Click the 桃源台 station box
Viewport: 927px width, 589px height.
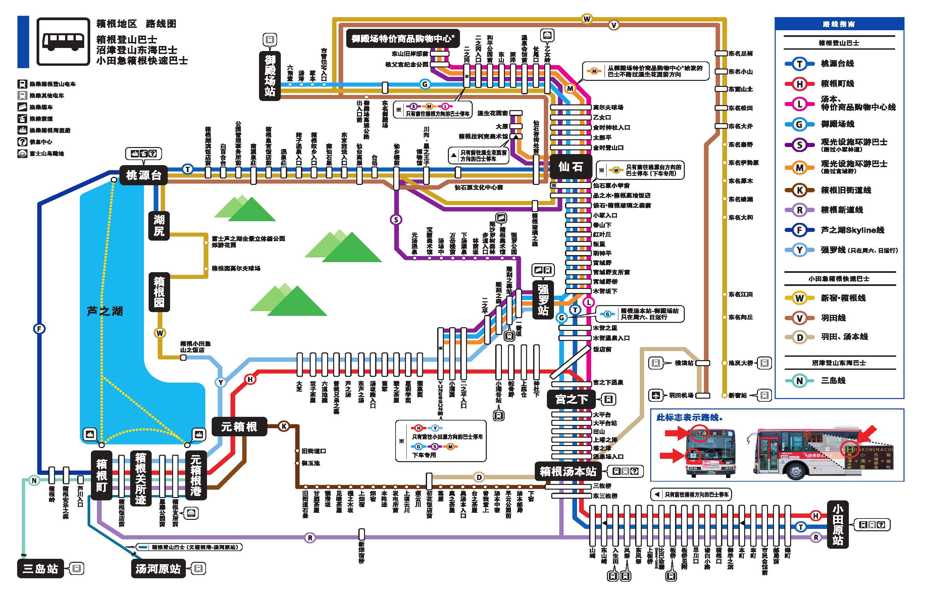(143, 175)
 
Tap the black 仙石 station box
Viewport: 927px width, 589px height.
(570, 167)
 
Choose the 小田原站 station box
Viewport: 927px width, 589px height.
(838, 524)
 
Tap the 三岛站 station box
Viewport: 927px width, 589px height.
(40, 569)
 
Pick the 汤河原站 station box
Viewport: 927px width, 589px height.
(158, 569)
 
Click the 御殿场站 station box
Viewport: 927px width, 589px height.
(269, 76)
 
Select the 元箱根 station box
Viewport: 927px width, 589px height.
(239, 427)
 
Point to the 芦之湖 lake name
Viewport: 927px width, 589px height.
(105, 311)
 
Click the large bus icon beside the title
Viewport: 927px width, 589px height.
(63, 41)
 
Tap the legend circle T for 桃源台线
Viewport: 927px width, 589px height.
(800, 63)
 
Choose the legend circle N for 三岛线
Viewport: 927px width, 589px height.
(800, 381)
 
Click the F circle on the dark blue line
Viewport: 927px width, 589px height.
(39, 329)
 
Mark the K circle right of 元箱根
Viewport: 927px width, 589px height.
(284, 426)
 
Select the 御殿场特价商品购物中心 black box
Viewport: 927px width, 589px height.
(403, 39)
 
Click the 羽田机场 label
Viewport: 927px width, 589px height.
(681, 395)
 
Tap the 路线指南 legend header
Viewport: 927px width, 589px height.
(839, 24)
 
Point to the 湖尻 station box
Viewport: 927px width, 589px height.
(159, 226)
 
